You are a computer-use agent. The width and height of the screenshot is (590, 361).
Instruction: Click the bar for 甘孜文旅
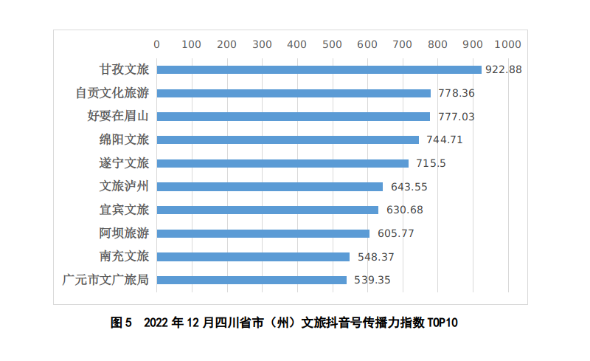pyautogui.click(x=319, y=70)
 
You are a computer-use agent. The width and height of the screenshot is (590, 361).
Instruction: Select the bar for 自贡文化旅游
pyautogui.click(x=294, y=94)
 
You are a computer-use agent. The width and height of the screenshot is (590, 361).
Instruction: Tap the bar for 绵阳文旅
pyautogui.click(x=288, y=140)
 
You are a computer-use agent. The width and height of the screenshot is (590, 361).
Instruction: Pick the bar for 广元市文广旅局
pyautogui.click(x=251, y=280)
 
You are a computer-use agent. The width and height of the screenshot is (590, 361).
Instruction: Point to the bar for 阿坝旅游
pyautogui.click(x=263, y=233)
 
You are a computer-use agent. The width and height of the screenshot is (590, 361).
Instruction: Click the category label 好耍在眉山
pyautogui.click(x=118, y=117)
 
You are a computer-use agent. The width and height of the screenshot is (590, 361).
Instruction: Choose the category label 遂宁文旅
pyautogui.click(x=124, y=163)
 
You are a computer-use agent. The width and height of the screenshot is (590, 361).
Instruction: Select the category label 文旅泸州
pyautogui.click(x=124, y=187)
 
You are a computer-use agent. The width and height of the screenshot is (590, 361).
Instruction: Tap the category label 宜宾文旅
pyautogui.click(x=124, y=210)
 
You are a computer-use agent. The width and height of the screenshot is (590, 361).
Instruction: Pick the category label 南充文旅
pyautogui.click(x=124, y=257)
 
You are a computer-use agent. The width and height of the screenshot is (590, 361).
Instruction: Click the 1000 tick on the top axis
pyautogui.click(x=508, y=44)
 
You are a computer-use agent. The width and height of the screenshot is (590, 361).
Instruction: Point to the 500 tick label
pyautogui.click(x=333, y=44)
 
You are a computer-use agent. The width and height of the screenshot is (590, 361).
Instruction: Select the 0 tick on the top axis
pyautogui.click(x=157, y=44)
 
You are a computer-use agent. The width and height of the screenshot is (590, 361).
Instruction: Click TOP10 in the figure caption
pyautogui.click(x=442, y=323)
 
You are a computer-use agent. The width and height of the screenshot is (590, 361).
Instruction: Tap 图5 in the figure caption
pyautogui.click(x=120, y=323)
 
